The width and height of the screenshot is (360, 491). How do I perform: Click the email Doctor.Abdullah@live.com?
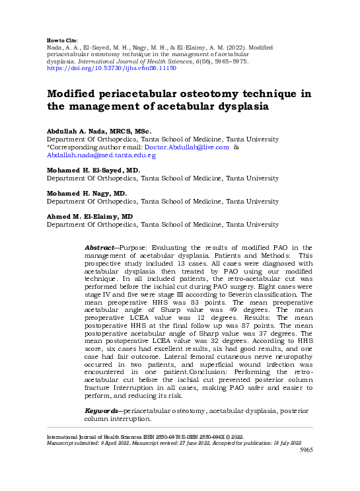point(191,147)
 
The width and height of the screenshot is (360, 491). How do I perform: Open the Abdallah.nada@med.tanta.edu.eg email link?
point(100,155)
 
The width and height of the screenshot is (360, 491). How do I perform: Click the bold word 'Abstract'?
point(100,247)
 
